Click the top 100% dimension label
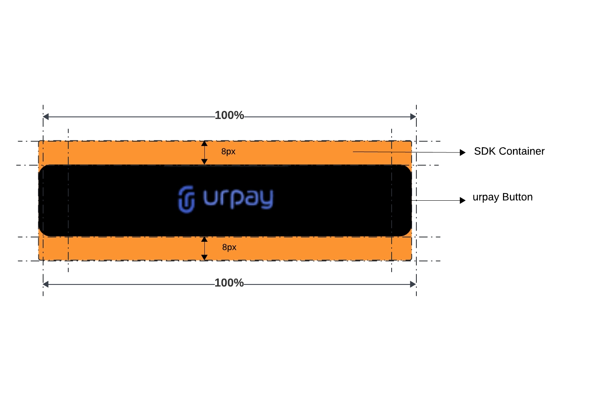tap(229, 115)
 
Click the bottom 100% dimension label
tap(229, 283)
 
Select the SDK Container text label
tap(509, 151)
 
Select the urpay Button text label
tap(502, 197)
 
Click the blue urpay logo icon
tap(186, 199)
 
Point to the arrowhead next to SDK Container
tap(463, 152)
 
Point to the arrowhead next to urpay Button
tap(463, 200)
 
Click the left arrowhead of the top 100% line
tap(46, 117)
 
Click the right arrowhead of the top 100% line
tap(413, 117)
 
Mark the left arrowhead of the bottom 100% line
tap(46, 284)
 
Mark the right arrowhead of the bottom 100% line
tap(413, 284)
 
